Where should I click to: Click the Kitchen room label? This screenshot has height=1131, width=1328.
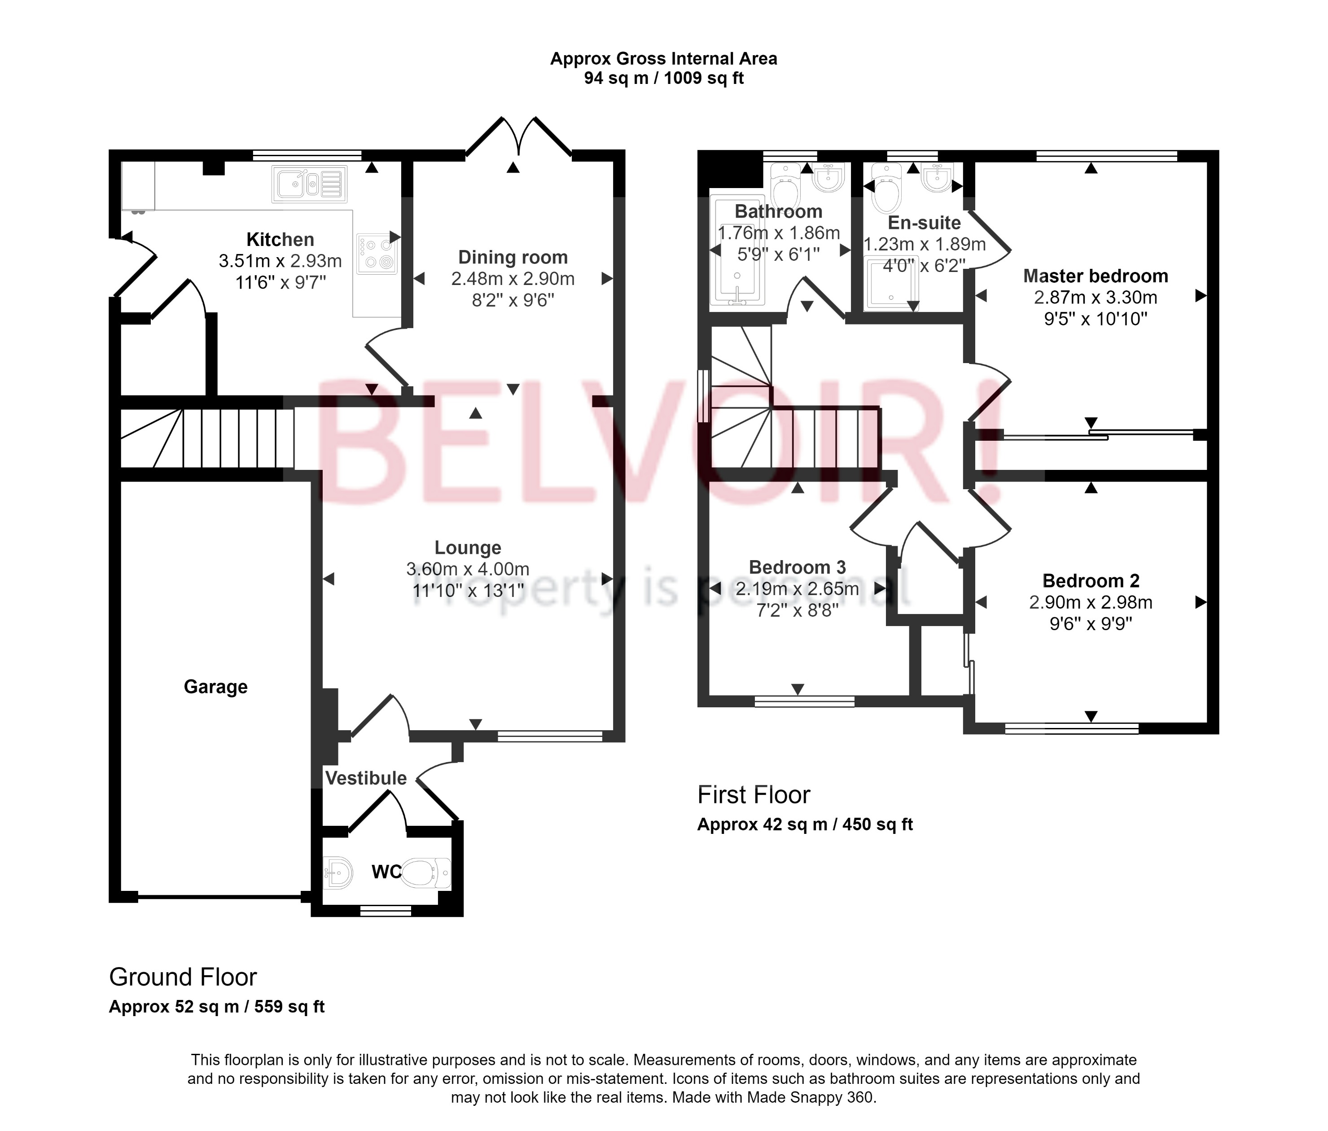(280, 240)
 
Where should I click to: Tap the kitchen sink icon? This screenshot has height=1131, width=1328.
(309, 184)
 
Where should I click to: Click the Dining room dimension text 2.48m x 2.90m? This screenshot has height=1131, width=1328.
(513, 279)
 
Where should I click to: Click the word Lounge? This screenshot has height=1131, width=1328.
(468, 548)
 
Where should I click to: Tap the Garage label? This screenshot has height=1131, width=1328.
(215, 687)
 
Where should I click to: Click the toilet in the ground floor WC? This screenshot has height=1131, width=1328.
(425, 873)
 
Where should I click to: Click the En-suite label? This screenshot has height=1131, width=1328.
(924, 223)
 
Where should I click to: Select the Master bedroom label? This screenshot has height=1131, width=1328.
(1096, 276)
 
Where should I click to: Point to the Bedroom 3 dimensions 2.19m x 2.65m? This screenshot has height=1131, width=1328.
(798, 589)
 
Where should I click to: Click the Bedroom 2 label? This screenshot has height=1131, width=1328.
(1091, 581)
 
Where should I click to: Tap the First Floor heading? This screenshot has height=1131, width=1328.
(754, 795)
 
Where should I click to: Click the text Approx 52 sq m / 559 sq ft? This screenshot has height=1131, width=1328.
(217, 1007)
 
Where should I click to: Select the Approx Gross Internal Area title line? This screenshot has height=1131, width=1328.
(663, 59)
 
